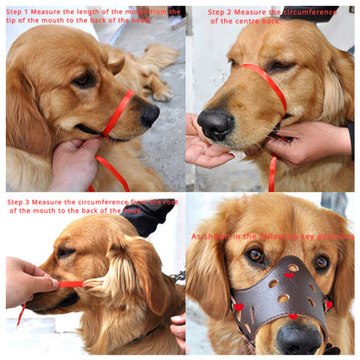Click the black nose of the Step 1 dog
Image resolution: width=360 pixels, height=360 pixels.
click(x=150, y=113)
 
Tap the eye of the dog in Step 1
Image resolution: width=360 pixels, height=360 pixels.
click(x=84, y=80)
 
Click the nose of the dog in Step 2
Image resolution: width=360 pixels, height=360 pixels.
click(x=215, y=124)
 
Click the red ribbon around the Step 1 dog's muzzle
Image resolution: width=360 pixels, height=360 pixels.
click(x=118, y=112)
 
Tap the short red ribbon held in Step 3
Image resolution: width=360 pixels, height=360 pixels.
click(x=71, y=284)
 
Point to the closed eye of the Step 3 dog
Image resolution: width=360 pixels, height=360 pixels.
click(x=66, y=253)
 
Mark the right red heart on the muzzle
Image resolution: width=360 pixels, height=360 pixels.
click(x=329, y=303)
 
